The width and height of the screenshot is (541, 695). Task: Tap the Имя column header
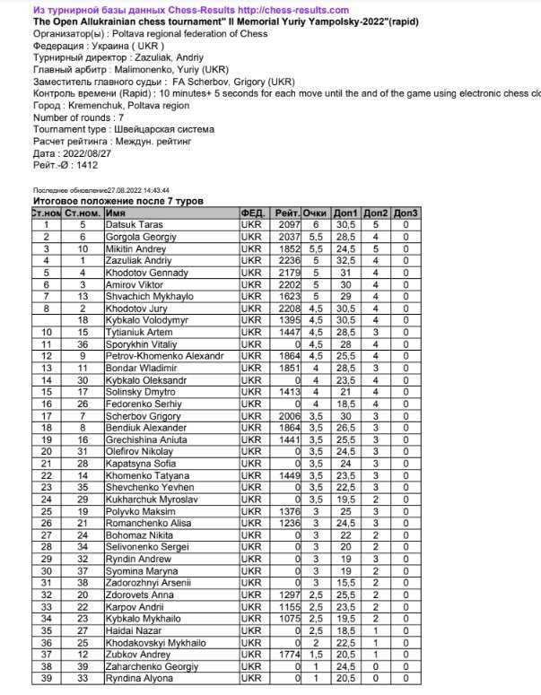[114, 213]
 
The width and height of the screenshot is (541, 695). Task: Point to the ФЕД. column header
[253, 213]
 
